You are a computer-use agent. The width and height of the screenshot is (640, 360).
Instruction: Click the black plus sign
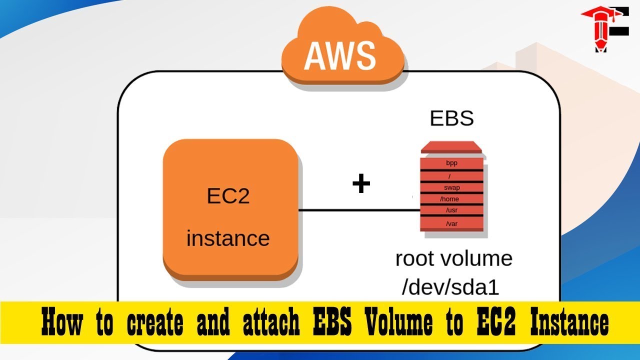361,184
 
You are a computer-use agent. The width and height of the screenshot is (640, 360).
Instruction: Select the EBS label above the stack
451,119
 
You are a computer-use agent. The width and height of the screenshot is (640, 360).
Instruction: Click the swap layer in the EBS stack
451,188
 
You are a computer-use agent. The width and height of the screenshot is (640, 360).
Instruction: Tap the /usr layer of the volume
451,210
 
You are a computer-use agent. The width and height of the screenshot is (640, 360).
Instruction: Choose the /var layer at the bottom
451,223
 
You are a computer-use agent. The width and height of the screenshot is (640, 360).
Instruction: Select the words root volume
453,259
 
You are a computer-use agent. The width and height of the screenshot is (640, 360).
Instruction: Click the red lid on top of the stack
451,148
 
